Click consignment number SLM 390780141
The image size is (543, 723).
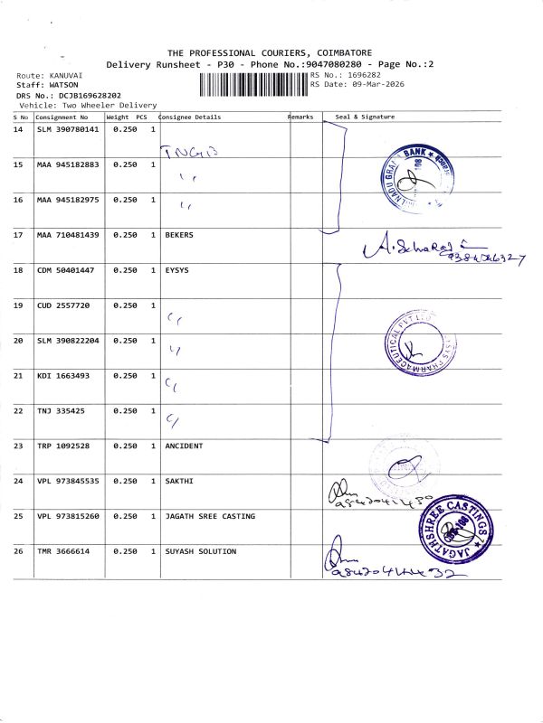tap(68, 129)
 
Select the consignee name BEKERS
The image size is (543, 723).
tap(179, 235)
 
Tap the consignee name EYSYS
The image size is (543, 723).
tap(176, 270)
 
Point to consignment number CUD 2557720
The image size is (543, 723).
tap(63, 305)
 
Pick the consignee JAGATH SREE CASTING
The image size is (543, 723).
tap(209, 516)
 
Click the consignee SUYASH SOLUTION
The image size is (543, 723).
tap(200, 551)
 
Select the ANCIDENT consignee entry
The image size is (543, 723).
tap(184, 446)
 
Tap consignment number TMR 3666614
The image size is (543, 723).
tap(63, 551)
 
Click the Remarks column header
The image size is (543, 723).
tap(301, 117)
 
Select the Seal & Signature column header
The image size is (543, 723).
tap(365, 117)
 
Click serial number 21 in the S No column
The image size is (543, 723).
tap(18, 376)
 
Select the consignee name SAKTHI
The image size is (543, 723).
tap(179, 481)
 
